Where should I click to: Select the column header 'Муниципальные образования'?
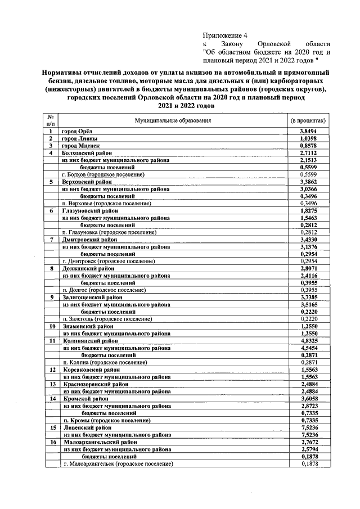tap(173, 120)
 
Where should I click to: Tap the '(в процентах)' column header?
tap(307, 120)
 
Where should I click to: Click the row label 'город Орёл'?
tap(76, 131)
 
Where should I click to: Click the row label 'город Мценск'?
tap(80, 146)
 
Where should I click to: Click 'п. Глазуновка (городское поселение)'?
tap(109, 232)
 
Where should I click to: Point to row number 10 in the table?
tap(51, 326)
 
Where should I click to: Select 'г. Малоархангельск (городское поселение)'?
tap(118, 464)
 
